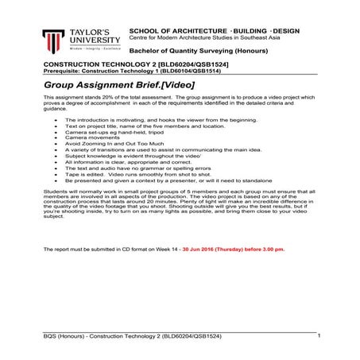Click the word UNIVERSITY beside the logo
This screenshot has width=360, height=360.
tap(95, 37)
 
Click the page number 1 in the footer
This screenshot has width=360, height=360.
tap(318, 336)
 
